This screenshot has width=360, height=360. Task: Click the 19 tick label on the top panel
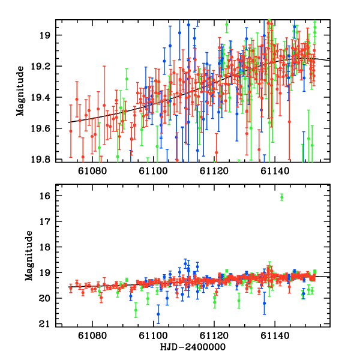[x=44, y=35]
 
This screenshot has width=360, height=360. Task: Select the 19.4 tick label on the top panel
[x=41, y=98]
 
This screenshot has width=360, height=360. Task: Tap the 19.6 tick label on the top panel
[x=41, y=129]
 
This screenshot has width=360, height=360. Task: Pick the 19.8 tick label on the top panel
[x=41, y=160]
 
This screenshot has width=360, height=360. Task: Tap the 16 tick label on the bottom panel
[x=44, y=196]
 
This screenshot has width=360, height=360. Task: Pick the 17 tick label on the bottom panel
[x=44, y=222]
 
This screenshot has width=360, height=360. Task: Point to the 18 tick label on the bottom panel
[x=44, y=247]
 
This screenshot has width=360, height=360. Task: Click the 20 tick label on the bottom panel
[x=44, y=298]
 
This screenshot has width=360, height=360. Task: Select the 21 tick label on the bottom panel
[x=44, y=324]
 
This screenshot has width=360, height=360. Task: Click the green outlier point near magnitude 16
[x=281, y=197]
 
